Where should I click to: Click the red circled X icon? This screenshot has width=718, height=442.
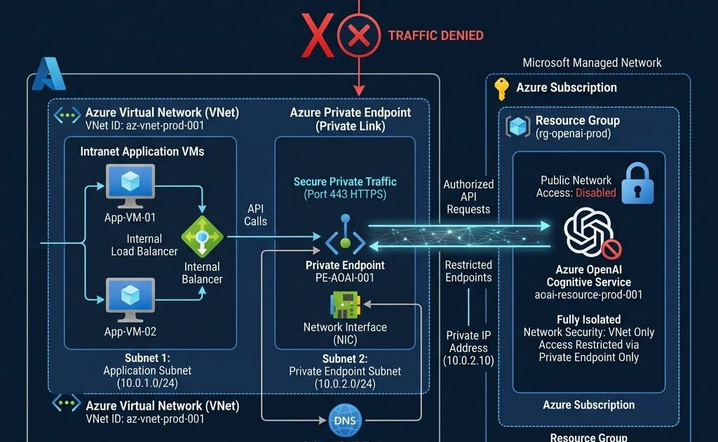(x=359, y=34)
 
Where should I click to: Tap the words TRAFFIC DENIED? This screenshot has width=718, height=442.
(x=435, y=35)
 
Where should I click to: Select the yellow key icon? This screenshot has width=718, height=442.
(x=501, y=88)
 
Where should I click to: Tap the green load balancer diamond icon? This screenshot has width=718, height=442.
(x=202, y=237)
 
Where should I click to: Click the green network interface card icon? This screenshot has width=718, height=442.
(x=344, y=306)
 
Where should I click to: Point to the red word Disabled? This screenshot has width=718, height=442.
(x=596, y=192)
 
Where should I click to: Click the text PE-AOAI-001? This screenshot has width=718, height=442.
(x=345, y=278)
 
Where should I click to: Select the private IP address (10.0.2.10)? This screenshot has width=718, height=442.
(x=468, y=360)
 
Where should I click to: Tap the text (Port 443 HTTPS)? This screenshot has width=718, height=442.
(x=345, y=194)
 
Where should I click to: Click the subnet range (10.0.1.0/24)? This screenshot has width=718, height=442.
(x=147, y=383)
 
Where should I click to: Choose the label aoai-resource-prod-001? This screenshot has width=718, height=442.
(x=589, y=295)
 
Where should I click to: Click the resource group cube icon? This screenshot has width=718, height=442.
(x=518, y=126)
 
